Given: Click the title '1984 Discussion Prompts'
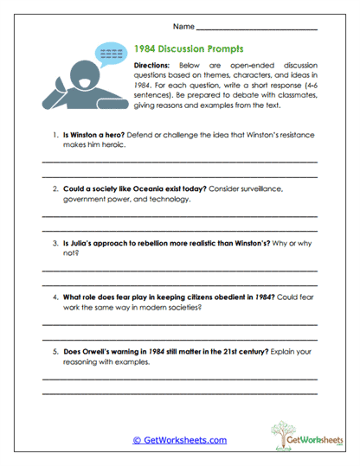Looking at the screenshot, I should [x=189, y=49].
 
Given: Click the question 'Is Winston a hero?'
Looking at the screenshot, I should [x=89, y=136].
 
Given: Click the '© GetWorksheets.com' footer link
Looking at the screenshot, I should [x=179, y=440].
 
